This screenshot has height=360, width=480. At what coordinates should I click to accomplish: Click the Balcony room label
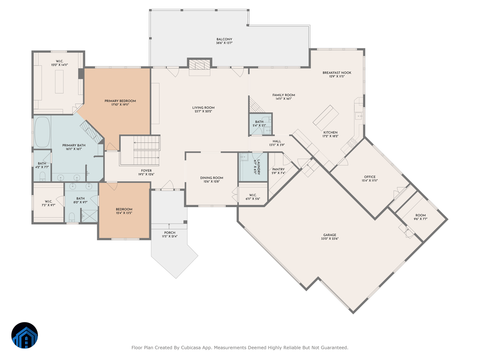click(224, 39)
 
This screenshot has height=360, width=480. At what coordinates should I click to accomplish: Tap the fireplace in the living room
click(200, 66)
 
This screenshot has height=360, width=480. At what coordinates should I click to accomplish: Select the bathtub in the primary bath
click(42, 132)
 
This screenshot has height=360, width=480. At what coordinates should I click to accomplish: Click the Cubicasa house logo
click(24, 335)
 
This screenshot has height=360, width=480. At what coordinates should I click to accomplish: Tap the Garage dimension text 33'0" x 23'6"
click(330, 239)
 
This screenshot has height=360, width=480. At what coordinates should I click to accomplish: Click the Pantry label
click(278, 169)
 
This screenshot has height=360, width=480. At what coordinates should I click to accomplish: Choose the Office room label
click(370, 177)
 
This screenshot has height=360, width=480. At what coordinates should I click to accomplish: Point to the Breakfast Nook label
click(337, 73)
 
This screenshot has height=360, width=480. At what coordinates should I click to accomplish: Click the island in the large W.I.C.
click(59, 82)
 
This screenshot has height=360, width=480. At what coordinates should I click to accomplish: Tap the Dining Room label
click(212, 178)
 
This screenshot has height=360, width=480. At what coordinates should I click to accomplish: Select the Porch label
click(170, 232)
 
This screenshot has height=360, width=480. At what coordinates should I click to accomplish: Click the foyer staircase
click(140, 150)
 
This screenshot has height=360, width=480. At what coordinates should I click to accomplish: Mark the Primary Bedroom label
click(120, 101)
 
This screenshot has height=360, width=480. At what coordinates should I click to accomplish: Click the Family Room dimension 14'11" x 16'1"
click(284, 99)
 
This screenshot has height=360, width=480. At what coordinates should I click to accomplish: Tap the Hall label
click(277, 141)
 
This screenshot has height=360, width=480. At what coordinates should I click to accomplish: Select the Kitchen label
click(330, 132)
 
